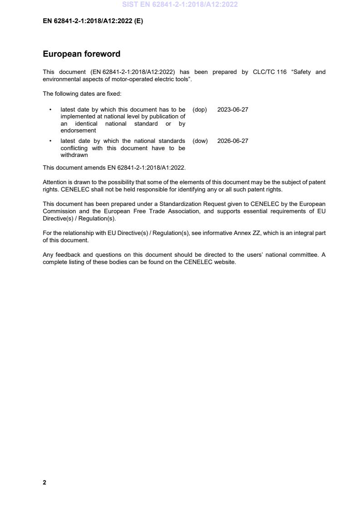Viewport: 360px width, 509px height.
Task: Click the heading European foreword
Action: pyautogui.click(x=81, y=54)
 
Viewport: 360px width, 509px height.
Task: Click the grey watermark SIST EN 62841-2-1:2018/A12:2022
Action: pyautogui.click(x=180, y=5)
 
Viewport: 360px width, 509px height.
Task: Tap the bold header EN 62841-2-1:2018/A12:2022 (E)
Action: pyautogui.click(x=93, y=20)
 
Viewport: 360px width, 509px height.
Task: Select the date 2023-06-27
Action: pyautogui.click(x=232, y=110)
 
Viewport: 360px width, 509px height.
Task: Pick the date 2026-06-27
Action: pyautogui.click(x=232, y=141)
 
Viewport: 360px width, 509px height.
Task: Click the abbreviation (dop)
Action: pyautogui.click(x=200, y=110)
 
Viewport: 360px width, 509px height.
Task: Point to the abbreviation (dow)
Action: pyautogui.click(x=200, y=141)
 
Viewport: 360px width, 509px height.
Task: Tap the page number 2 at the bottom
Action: pyautogui.click(x=44, y=482)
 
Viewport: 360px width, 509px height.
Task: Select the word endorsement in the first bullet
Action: pyautogui.click(x=78, y=131)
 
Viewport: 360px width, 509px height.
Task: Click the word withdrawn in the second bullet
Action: pyautogui.click(x=74, y=155)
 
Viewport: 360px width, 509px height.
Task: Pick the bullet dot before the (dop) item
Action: pyautogui.click(x=50, y=110)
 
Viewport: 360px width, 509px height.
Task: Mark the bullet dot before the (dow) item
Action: pyautogui.click(x=50, y=141)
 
